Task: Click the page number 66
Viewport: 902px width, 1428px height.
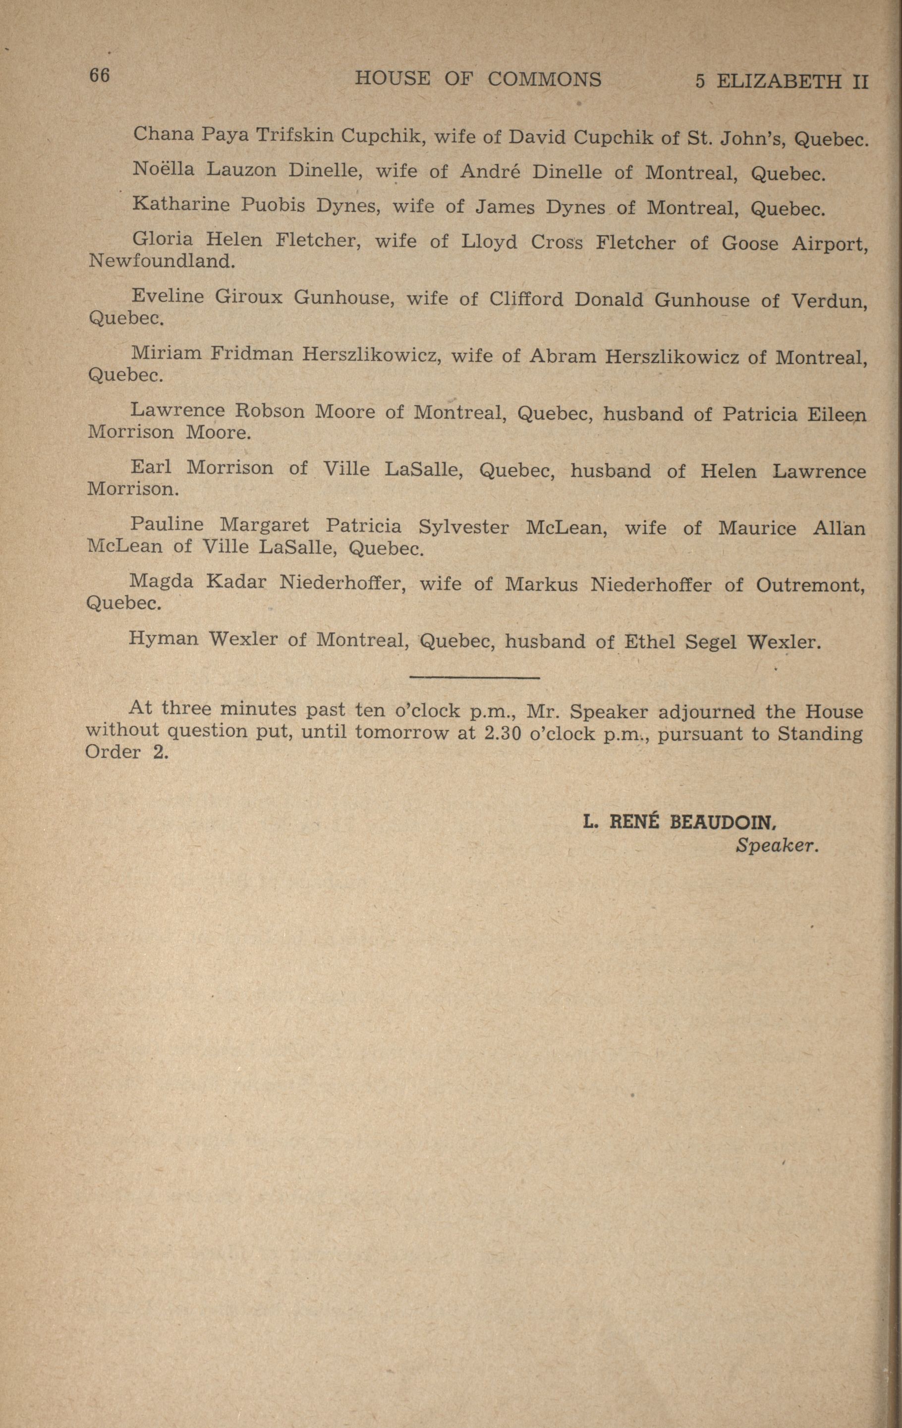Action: [x=100, y=75]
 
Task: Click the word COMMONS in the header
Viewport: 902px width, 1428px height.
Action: [x=544, y=79]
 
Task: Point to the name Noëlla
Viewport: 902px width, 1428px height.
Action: [x=163, y=169]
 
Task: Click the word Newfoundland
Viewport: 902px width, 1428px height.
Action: [x=161, y=261]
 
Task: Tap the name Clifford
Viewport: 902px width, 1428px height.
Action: [x=526, y=299]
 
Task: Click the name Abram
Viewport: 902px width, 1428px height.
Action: [x=562, y=356]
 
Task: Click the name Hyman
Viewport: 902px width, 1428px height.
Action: [x=162, y=639]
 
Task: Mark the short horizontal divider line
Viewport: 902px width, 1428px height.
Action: [x=474, y=677]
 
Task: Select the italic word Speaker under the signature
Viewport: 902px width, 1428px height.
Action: [x=777, y=846]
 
